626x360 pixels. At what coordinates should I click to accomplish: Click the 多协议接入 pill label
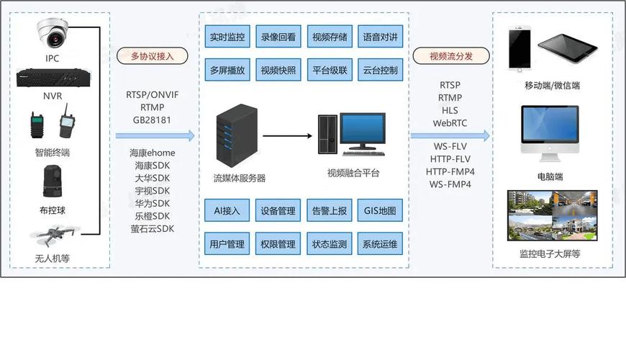click(x=153, y=56)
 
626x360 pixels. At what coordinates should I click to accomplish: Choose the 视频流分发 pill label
click(x=451, y=56)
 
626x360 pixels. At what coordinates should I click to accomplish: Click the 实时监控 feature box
click(x=227, y=36)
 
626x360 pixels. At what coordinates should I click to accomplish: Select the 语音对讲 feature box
click(x=380, y=36)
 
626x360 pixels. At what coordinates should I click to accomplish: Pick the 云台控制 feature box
click(x=380, y=71)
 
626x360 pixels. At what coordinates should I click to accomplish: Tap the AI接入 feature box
click(x=227, y=211)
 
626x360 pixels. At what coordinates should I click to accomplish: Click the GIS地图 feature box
click(x=380, y=211)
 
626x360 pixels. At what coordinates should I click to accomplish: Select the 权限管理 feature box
click(x=278, y=244)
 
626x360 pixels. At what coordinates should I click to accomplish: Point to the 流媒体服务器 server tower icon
click(x=237, y=135)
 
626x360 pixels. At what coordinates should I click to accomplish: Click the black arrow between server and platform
click(x=288, y=135)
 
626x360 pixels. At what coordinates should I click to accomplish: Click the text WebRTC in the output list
click(x=450, y=123)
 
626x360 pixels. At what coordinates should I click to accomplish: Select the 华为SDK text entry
click(x=152, y=203)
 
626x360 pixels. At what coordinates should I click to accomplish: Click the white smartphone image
click(x=520, y=49)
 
